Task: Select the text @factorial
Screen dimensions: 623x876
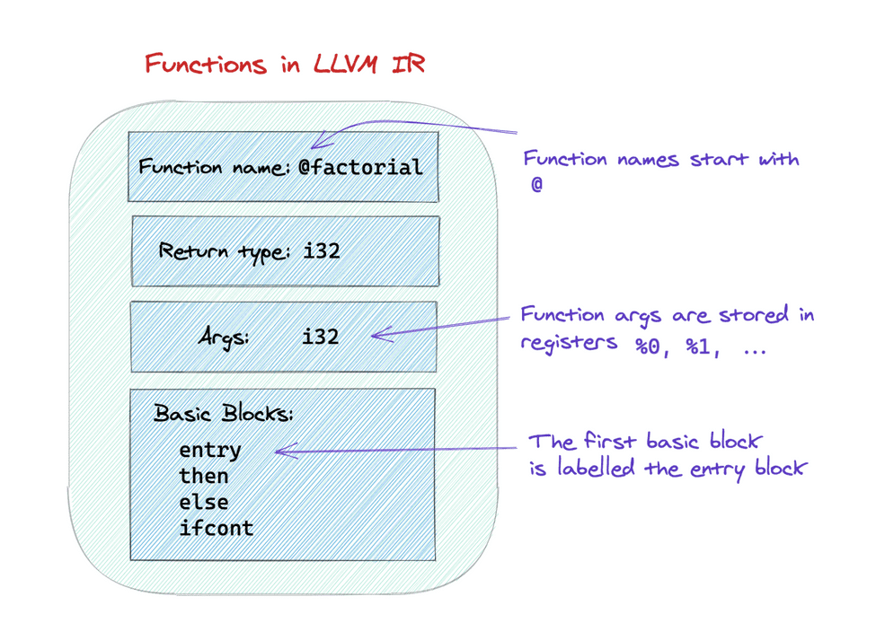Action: pos(359,167)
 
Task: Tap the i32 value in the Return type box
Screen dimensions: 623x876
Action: pos(322,250)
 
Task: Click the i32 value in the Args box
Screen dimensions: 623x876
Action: pos(321,337)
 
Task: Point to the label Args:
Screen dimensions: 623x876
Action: pos(224,338)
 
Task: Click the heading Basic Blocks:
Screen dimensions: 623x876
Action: pos(224,414)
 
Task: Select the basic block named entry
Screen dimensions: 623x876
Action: pos(210,449)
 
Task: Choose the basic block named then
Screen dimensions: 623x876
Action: pos(204,475)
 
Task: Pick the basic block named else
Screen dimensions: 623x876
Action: pos(204,501)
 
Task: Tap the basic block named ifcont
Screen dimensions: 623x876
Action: pos(217,527)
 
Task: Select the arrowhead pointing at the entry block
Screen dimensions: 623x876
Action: pos(279,451)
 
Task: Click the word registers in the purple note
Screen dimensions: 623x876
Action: pos(569,344)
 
